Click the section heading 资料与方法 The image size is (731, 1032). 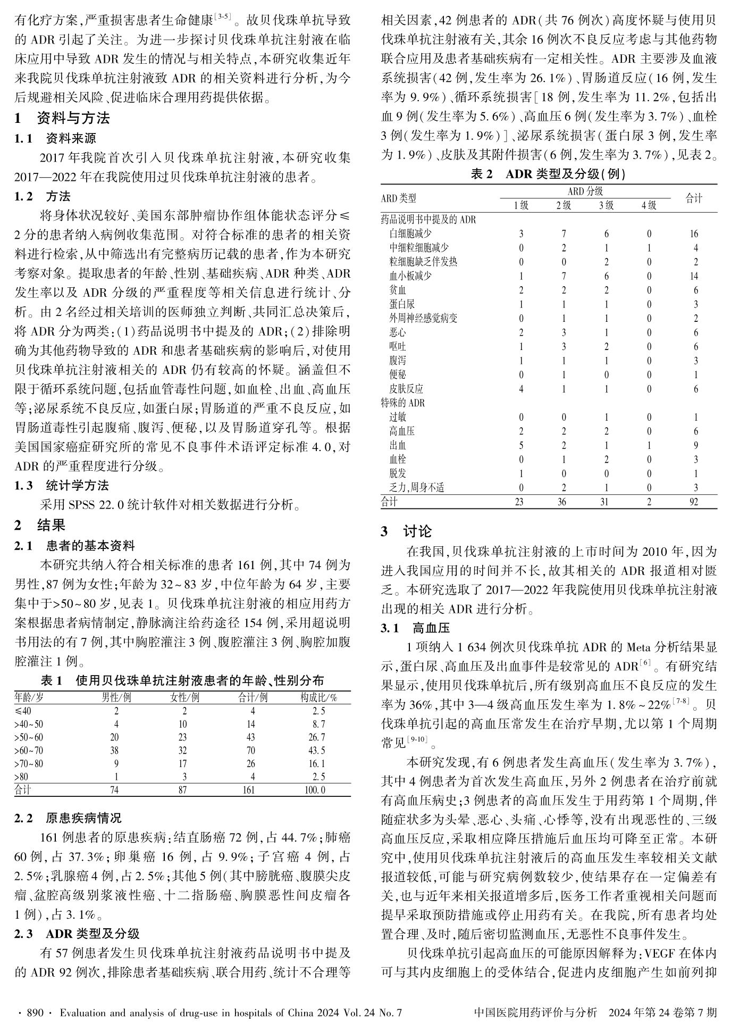click(73, 118)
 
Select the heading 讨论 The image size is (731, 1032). click(417, 531)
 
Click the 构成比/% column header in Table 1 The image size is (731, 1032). click(318, 697)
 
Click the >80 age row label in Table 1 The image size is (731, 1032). click(21, 777)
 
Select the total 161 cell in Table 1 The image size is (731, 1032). click(249, 790)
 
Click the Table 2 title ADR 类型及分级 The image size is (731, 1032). click(565, 174)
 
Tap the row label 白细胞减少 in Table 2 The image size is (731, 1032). click(410, 234)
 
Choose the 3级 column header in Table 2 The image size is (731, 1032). click(606, 205)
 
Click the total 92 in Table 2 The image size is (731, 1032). click(694, 502)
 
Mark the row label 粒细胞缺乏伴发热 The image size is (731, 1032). click(423, 262)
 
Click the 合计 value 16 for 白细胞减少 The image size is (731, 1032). click(694, 234)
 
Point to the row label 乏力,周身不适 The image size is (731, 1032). click(417, 487)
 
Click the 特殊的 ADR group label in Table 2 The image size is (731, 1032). click(403, 403)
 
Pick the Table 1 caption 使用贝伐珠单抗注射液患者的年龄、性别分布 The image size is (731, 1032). click(199, 680)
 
